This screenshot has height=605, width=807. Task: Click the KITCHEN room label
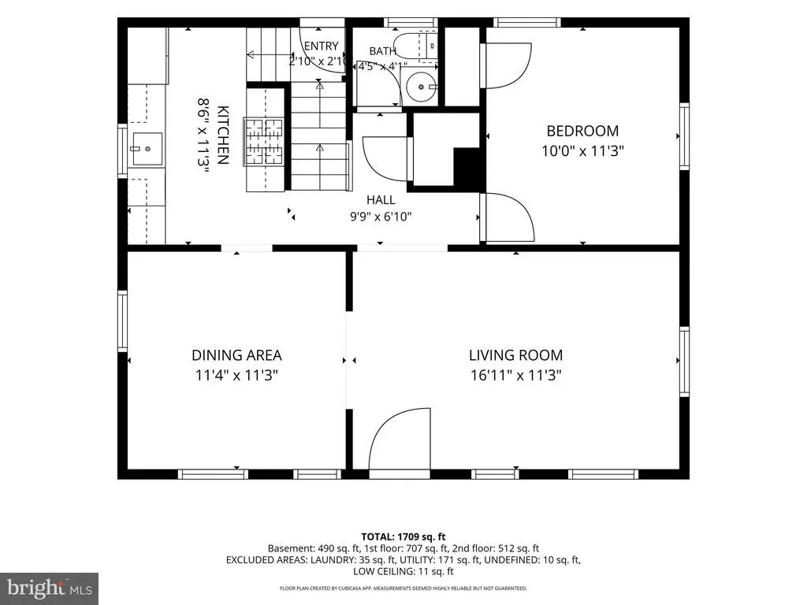click(x=223, y=135)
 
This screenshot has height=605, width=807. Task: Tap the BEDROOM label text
click(x=582, y=132)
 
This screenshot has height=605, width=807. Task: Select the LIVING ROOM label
click(x=515, y=355)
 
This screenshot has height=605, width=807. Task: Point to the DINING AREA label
click(x=236, y=355)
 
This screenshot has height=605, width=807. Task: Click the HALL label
click(x=381, y=199)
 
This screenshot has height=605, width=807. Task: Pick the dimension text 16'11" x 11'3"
click(x=515, y=375)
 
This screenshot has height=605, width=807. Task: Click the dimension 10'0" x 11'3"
click(x=582, y=151)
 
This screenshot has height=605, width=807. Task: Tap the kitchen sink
click(x=147, y=149)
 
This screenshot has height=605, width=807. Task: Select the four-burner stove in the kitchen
click(x=264, y=141)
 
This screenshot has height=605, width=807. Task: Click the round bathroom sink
click(x=421, y=87)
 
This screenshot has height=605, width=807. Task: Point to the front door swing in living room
click(x=400, y=438)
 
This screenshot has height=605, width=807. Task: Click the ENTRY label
click(x=322, y=46)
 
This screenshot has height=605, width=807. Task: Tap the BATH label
click(x=382, y=51)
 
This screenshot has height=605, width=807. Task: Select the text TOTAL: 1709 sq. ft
click(x=403, y=537)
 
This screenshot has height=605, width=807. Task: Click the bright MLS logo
click(x=50, y=588)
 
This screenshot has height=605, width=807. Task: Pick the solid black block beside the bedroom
click(x=469, y=167)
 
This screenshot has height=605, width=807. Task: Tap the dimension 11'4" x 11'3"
click(x=236, y=375)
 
